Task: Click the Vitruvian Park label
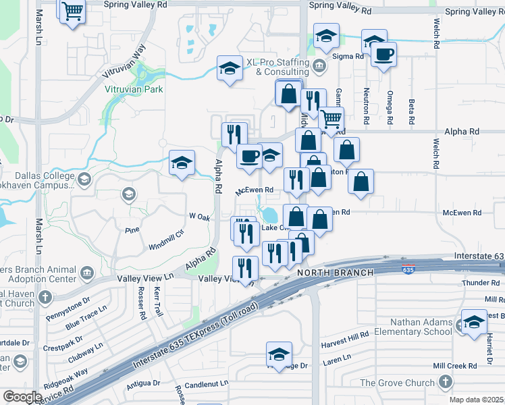[x=134, y=89]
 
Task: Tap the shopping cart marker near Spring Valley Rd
[x=72, y=11]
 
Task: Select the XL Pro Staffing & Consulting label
[x=277, y=66]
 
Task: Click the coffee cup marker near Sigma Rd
[x=383, y=55]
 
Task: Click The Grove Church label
[x=397, y=383]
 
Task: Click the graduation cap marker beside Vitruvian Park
[x=230, y=68]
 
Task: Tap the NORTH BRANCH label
[x=335, y=273]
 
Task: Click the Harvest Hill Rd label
[x=346, y=334]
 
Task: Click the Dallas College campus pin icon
[x=84, y=180]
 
